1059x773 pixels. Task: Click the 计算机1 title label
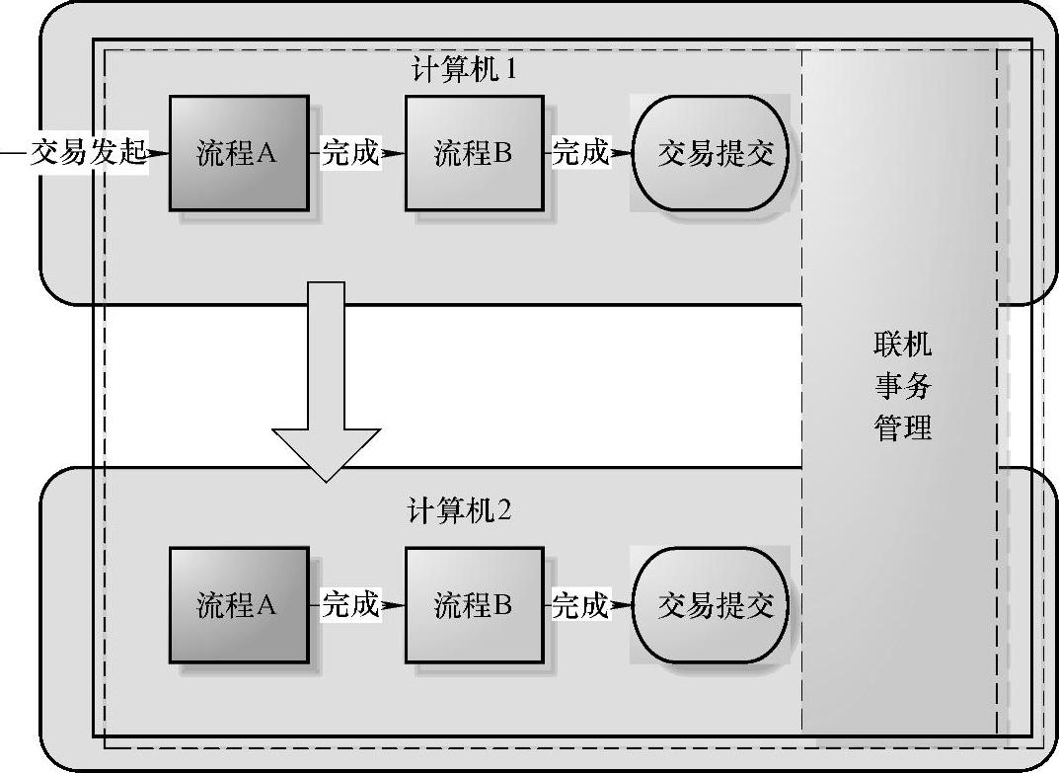(x=464, y=71)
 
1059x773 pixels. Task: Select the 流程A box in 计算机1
(x=238, y=153)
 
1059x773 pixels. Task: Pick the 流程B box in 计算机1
(x=474, y=153)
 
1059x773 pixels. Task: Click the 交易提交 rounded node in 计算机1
(x=711, y=153)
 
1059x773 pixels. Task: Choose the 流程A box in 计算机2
(x=238, y=604)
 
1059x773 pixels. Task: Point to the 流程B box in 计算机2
(x=474, y=604)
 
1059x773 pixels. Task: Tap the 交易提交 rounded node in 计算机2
(x=711, y=604)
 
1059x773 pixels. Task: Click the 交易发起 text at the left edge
(x=88, y=153)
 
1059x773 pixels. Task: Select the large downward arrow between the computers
(x=326, y=395)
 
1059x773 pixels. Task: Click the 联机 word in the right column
(x=902, y=345)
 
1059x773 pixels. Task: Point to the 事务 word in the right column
(x=902, y=386)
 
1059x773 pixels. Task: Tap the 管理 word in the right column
(x=902, y=427)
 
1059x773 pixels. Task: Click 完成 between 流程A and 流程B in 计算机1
(x=350, y=153)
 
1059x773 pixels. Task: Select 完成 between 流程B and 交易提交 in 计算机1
(x=580, y=153)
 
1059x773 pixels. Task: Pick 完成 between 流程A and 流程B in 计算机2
(x=350, y=604)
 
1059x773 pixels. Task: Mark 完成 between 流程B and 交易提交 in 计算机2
(x=580, y=604)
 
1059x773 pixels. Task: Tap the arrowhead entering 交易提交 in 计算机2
(x=622, y=604)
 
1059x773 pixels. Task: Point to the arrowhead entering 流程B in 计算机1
(x=395, y=153)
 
